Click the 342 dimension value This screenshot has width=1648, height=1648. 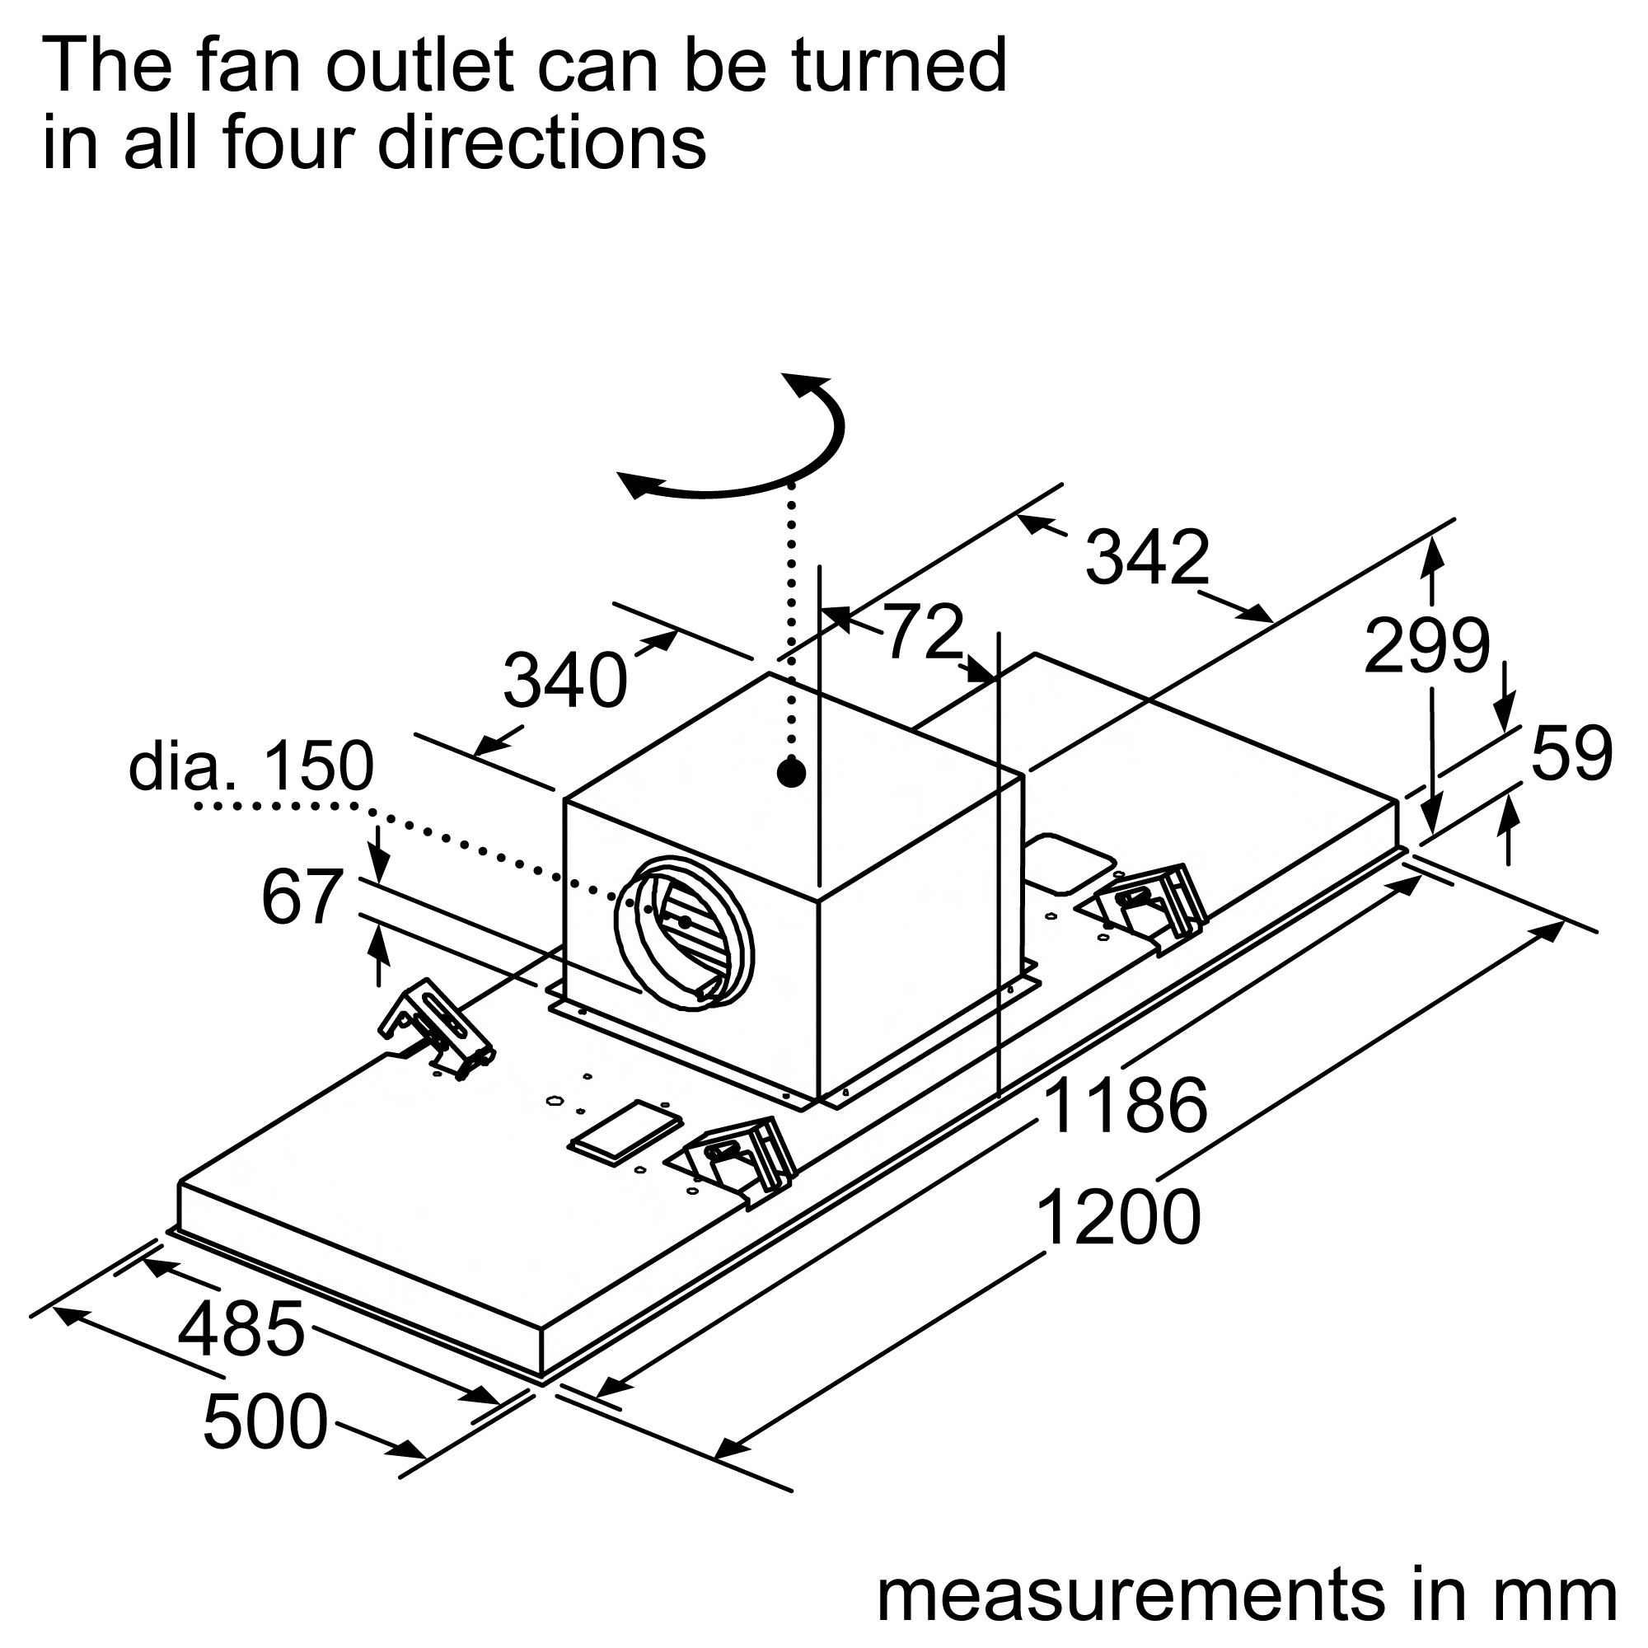tap(1146, 558)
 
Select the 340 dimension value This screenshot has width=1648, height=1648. tap(564, 681)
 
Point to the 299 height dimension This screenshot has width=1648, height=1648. tap(1427, 647)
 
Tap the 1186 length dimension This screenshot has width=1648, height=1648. tap(1125, 1106)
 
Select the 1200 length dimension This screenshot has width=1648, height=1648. tap(1119, 1220)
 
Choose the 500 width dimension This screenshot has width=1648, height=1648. tap(265, 1421)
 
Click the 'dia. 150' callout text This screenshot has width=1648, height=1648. tap(250, 765)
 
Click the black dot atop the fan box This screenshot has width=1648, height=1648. tap(792, 773)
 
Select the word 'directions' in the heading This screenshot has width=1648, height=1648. tap(542, 143)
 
